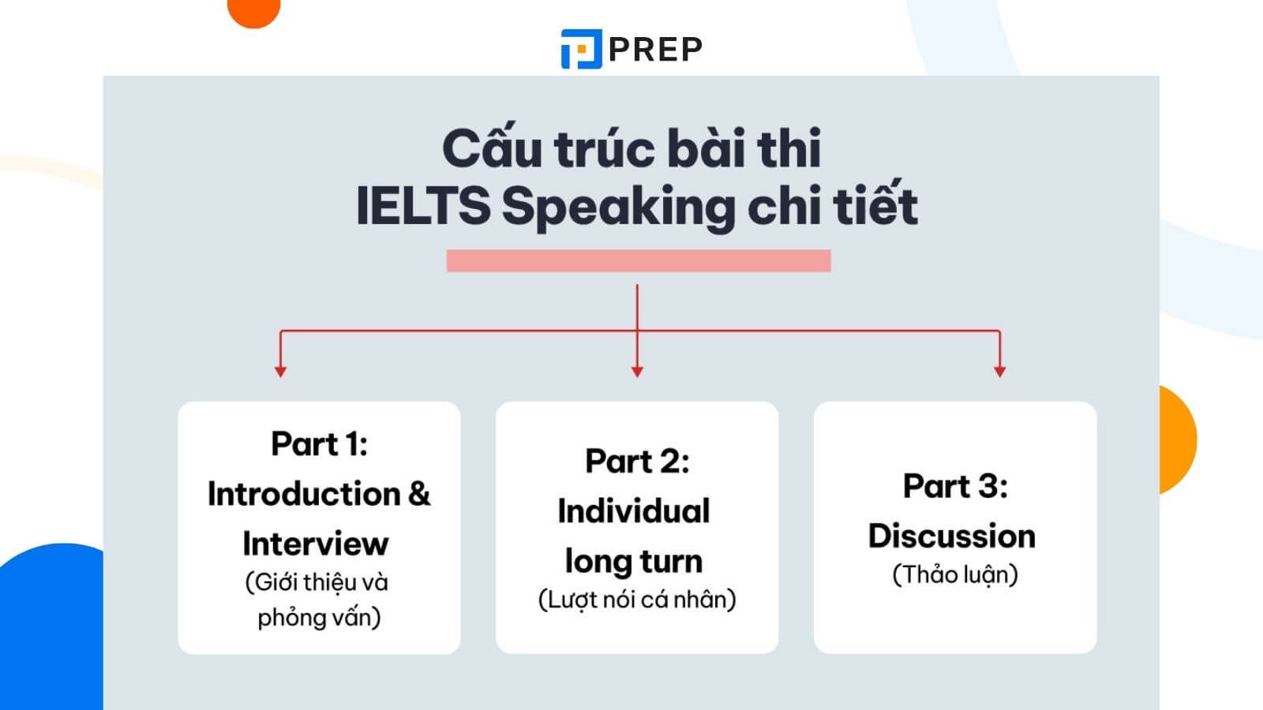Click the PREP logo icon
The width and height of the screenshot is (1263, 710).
[x=581, y=49]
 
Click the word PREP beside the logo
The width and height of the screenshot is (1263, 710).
[x=656, y=50]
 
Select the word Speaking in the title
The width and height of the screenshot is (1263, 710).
[x=619, y=208]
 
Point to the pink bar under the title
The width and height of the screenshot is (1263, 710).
[x=639, y=260]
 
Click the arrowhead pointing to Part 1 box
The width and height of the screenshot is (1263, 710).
[x=280, y=372]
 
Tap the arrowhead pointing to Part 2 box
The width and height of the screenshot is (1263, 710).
[x=637, y=372]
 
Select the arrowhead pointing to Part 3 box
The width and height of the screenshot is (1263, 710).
[x=999, y=372]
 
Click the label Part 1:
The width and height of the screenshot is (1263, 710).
[x=319, y=444]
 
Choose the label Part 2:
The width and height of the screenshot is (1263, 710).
[x=637, y=461]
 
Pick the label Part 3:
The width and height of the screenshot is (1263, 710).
[x=955, y=486]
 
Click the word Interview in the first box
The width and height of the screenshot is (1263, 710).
[x=316, y=544]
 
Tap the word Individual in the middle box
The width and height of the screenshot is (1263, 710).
[x=634, y=512]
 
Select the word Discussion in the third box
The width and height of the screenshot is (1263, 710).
[x=952, y=536]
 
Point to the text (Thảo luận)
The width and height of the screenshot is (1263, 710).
[x=955, y=575]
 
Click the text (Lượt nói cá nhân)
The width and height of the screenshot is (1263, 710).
[x=637, y=600]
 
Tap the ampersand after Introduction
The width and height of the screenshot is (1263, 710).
[x=419, y=494]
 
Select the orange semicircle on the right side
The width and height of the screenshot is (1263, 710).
[x=1178, y=439]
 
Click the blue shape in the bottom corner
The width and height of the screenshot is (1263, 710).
[x=51, y=626]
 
